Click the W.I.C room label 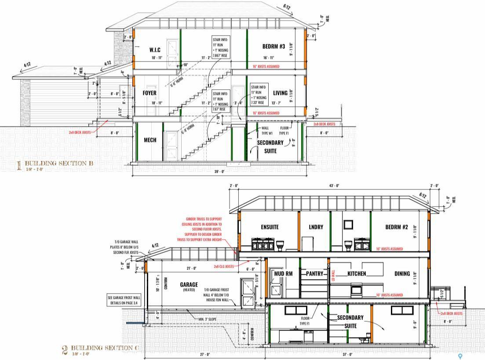pos(156,50)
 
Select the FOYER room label pos(150,93)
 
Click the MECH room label pos(150,140)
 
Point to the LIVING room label pos(280,93)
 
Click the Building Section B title pos(58,164)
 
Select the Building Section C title pos(105,348)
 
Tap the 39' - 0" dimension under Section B pos(219,171)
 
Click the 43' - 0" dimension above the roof pos(335,185)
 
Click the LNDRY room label pos(316,227)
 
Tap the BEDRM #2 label pos(397,227)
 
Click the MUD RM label pos(284,273)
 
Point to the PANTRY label pos(315,273)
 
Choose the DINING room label pos(402,273)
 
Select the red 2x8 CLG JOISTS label pos(224,266)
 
